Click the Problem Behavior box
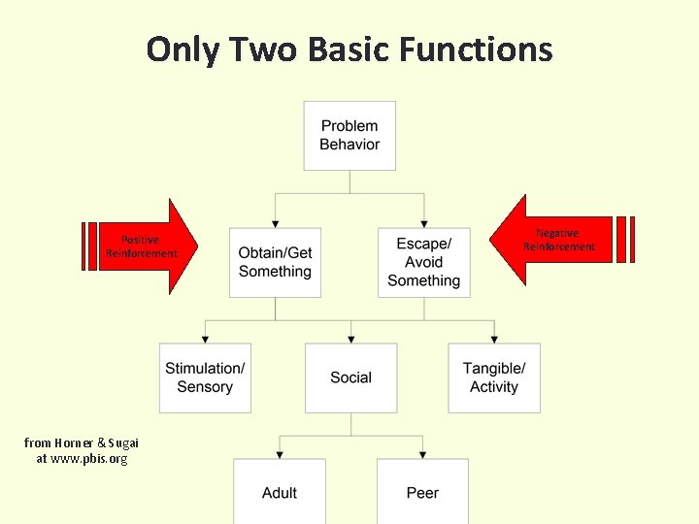click(349, 136)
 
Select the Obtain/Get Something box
click(275, 262)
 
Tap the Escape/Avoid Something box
click(423, 262)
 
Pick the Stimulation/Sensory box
click(205, 377)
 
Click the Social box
click(350, 377)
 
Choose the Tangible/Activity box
click(494, 377)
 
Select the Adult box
click(280, 492)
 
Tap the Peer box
click(422, 492)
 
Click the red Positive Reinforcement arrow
click(146, 246)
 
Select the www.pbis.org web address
click(82, 458)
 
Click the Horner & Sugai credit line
click(82, 442)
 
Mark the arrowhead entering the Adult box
click(280, 454)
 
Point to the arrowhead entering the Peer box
click(423, 454)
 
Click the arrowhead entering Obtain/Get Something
click(276, 223)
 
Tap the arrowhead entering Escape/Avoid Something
click(423, 223)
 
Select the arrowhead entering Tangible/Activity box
click(494, 339)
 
